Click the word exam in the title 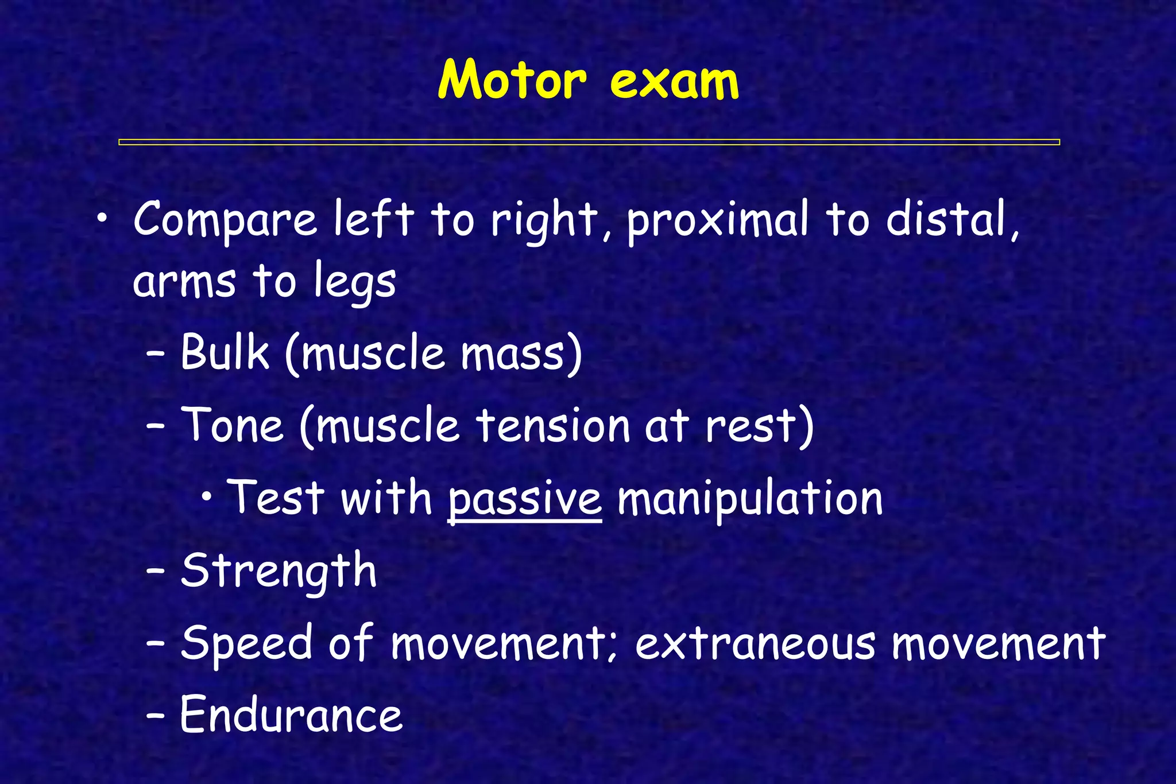click(x=674, y=81)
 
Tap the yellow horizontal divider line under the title click(x=589, y=142)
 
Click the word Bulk click(x=225, y=352)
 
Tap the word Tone click(x=233, y=425)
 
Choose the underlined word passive click(x=524, y=498)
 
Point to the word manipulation click(x=749, y=498)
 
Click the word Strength click(x=278, y=571)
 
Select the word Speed click(x=247, y=643)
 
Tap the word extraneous click(x=756, y=643)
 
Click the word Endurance click(x=291, y=715)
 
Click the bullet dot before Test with click(x=207, y=497)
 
